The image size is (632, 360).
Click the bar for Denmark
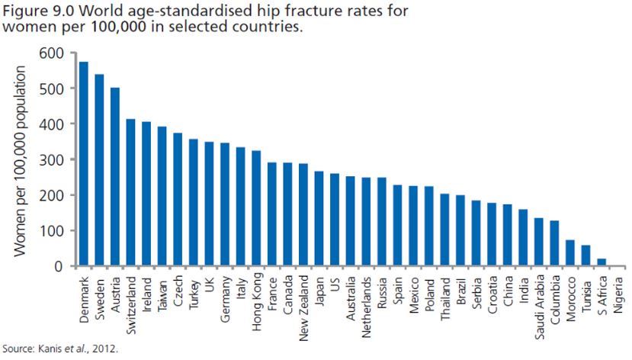click(84, 164)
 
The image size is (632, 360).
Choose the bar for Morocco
click(569, 253)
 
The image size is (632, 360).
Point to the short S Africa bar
click(601, 262)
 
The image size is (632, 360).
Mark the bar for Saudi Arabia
click(538, 243)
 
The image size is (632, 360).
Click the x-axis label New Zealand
click(303, 300)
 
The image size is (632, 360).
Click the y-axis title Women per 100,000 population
click(21, 160)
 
